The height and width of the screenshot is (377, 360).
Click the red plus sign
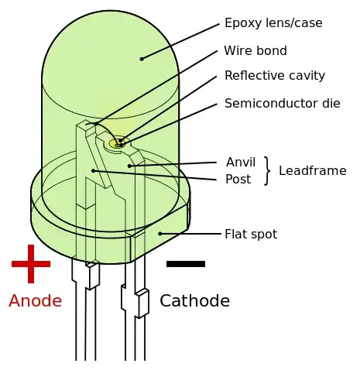click(31, 264)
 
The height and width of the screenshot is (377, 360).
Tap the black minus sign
click(186, 264)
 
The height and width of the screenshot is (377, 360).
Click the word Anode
click(35, 301)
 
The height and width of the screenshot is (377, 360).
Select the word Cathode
click(194, 301)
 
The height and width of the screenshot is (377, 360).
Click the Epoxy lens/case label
click(273, 23)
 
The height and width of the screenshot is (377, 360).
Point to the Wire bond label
click(255, 51)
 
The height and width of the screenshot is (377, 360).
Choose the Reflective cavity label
click(275, 76)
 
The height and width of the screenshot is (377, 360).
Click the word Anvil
click(241, 163)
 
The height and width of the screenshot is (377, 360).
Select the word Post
click(238, 180)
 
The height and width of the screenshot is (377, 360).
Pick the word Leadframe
click(313, 171)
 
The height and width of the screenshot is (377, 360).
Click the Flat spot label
click(251, 234)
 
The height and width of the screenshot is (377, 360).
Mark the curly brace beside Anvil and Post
click(267, 171)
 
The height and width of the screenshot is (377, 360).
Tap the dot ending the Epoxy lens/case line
click(142, 59)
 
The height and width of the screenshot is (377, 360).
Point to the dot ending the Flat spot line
click(160, 233)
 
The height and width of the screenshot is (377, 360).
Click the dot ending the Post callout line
click(93, 170)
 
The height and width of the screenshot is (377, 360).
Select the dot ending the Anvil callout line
click(129, 166)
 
